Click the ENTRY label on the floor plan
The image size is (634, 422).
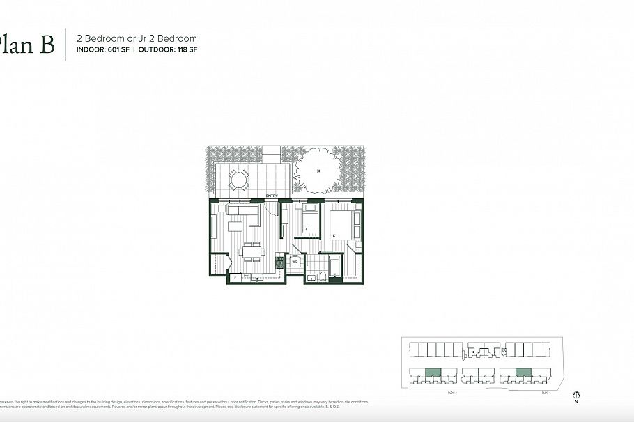(272, 196)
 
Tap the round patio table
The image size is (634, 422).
(239, 180)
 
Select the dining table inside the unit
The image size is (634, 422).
(252, 251)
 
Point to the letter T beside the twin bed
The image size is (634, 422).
(305, 228)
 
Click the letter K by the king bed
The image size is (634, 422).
(334, 236)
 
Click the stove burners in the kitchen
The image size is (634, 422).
(279, 263)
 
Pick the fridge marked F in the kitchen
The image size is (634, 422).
(235, 278)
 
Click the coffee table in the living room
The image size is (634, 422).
(235, 226)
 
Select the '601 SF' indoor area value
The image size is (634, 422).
(123, 50)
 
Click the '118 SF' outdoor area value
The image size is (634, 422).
(187, 50)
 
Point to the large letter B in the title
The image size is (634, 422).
(46, 45)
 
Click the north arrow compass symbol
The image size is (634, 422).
(576, 394)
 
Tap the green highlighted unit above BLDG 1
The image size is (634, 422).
(523, 372)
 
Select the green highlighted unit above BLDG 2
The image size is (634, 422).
(433, 372)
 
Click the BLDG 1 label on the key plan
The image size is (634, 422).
(546, 394)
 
